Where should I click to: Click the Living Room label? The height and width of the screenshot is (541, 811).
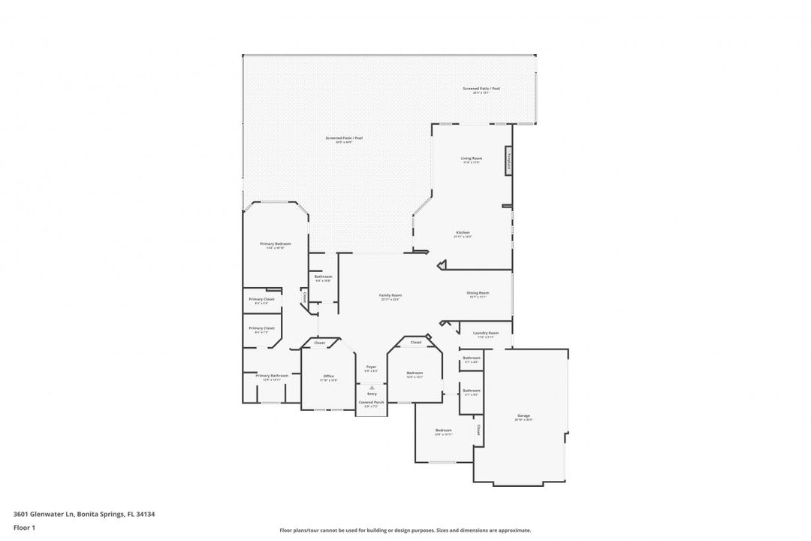[471, 159]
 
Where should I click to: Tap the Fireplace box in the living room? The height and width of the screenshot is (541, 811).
[508, 161]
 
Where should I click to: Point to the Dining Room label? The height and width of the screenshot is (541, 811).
[478, 293]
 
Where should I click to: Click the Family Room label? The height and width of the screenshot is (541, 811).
[390, 295]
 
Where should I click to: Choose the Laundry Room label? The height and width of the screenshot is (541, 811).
[486, 333]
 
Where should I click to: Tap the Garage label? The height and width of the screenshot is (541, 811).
[523, 416]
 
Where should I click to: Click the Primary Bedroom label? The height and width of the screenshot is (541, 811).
[275, 244]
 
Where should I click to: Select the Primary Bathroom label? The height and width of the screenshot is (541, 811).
[271, 376]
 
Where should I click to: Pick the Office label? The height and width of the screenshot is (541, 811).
[328, 376]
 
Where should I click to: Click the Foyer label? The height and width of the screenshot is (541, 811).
[371, 367]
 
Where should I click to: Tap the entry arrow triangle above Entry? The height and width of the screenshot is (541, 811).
[372, 388]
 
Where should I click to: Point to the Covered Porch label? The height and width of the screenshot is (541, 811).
[371, 403]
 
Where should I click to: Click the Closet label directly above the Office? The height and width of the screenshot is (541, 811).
[319, 343]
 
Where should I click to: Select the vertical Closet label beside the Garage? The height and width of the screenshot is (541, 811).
[478, 430]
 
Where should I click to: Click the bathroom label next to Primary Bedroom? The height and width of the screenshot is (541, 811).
[323, 277]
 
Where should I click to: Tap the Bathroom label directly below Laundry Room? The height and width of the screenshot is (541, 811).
[471, 358]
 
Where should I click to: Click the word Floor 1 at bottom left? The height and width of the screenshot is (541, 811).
[24, 527]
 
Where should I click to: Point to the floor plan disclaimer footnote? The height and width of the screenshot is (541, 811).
[405, 530]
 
